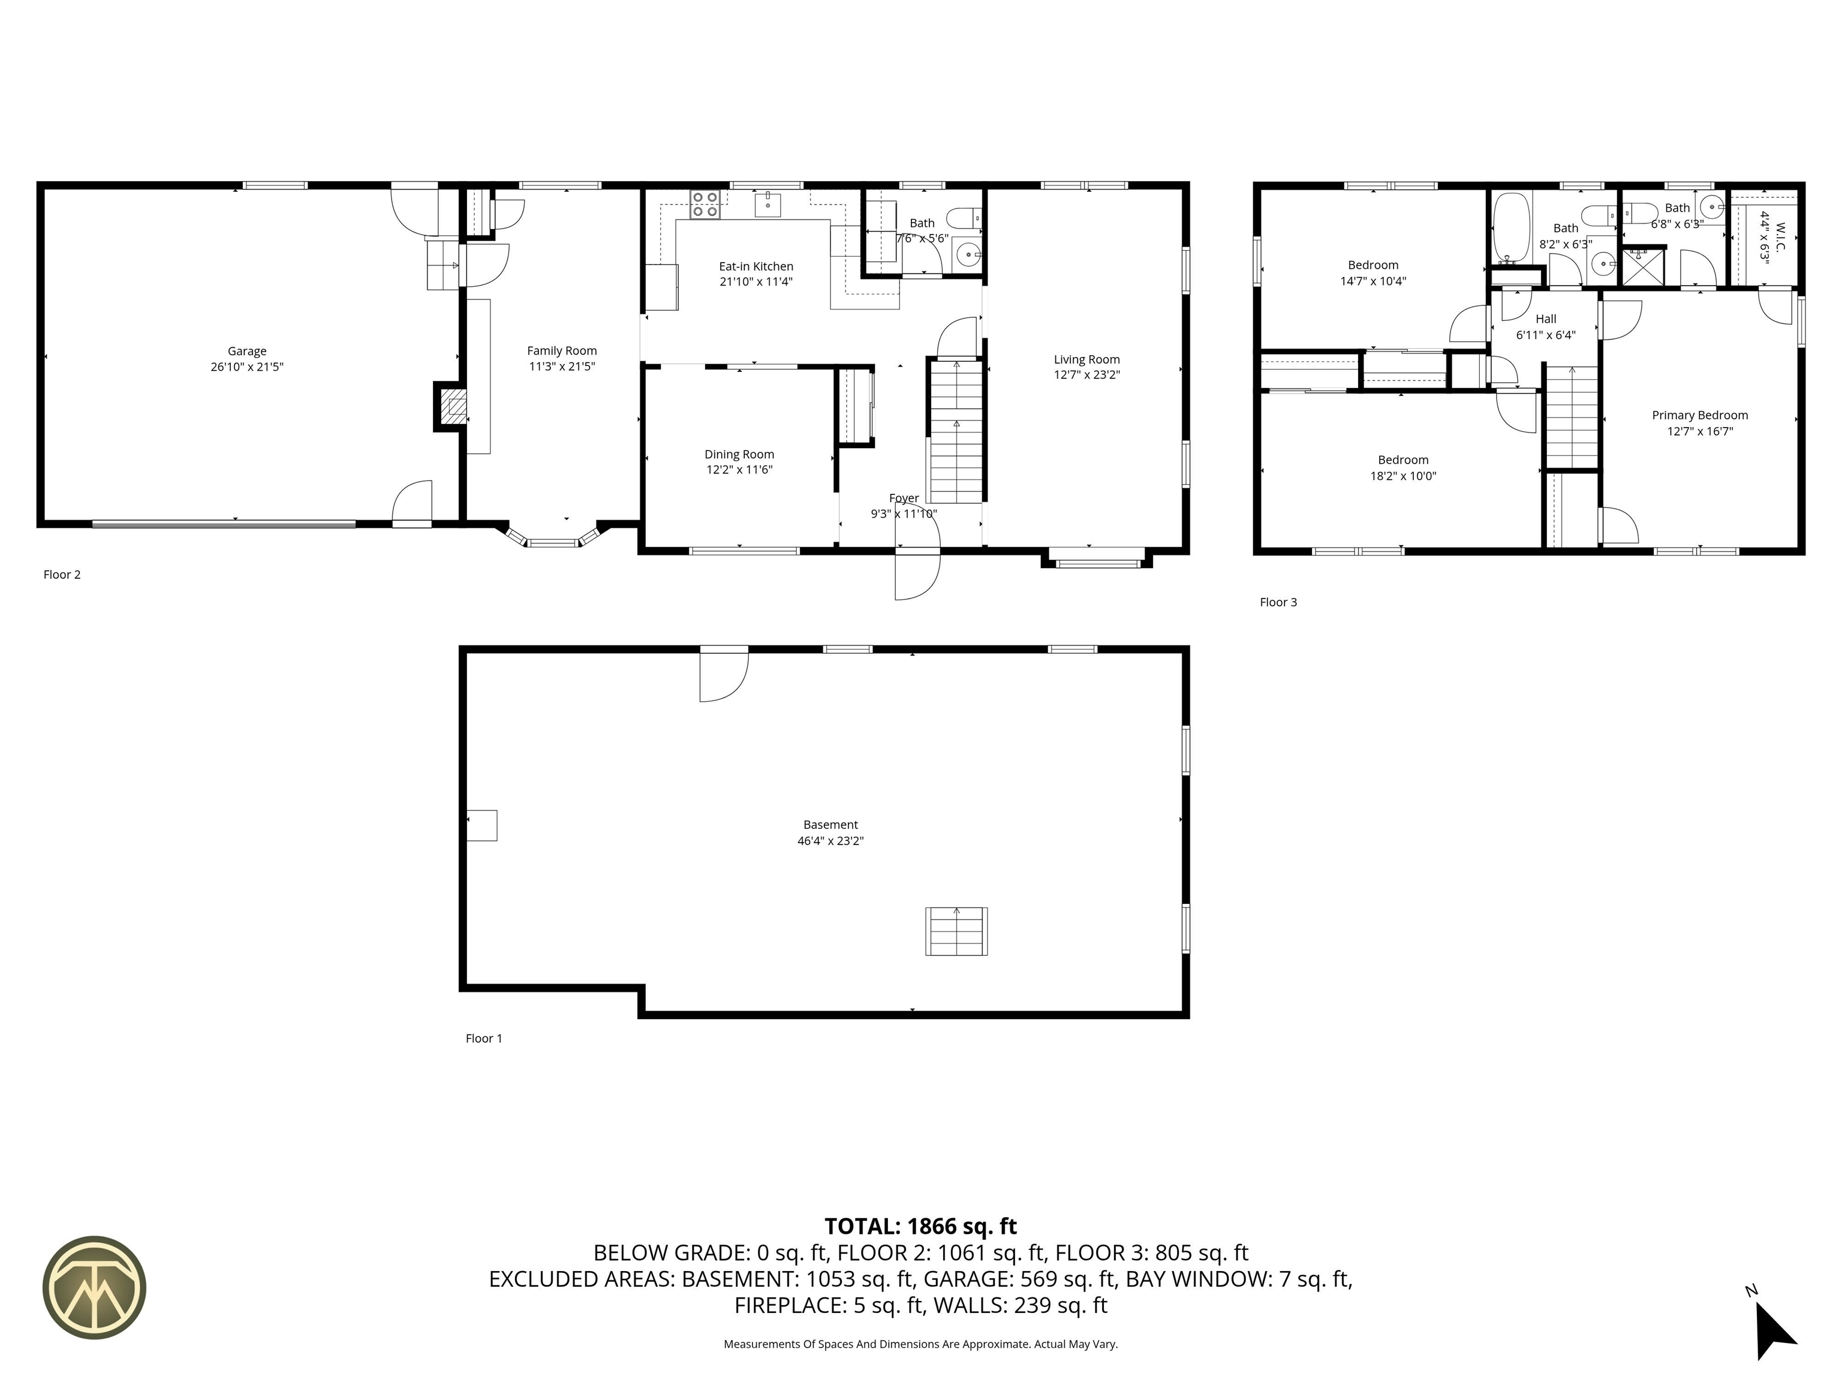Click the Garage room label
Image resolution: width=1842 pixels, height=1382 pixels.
[x=247, y=351]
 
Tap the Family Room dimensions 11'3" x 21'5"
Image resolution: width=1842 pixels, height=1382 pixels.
[x=562, y=366]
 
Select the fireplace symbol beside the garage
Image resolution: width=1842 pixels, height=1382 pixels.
[x=450, y=407]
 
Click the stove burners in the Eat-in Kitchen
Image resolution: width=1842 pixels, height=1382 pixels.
[x=705, y=205]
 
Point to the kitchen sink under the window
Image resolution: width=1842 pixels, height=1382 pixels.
[x=767, y=203]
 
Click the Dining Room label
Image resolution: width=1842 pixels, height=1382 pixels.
[x=739, y=455]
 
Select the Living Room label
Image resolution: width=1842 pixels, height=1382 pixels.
[x=1086, y=360]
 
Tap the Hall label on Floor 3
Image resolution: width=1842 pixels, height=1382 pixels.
[x=1546, y=319]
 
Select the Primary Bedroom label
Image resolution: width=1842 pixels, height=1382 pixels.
[x=1700, y=416]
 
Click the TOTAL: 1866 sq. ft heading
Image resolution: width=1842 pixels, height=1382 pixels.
[x=920, y=1226]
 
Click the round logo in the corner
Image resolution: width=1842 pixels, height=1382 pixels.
[x=94, y=1288]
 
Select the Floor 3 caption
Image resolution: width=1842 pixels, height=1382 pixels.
[x=1278, y=602]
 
